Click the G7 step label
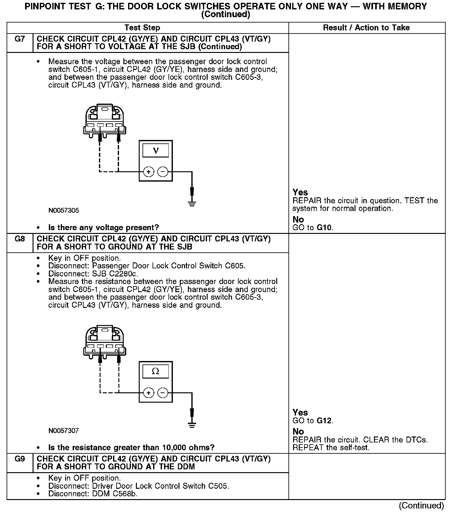pos(19,39)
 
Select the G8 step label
pos(19,239)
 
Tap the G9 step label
pos(19,459)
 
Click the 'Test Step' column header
pos(142,28)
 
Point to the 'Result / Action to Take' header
pos(366,28)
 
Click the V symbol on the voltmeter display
pos(156,151)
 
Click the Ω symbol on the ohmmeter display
pos(155,371)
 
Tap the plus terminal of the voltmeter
pos(148,172)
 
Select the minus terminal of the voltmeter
pos(163,172)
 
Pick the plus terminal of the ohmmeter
pos(148,393)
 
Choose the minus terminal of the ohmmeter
pos(163,393)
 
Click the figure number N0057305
pos(64,210)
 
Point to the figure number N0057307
pos(64,431)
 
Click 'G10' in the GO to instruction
pos(324,228)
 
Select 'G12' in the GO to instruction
pos(324,421)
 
